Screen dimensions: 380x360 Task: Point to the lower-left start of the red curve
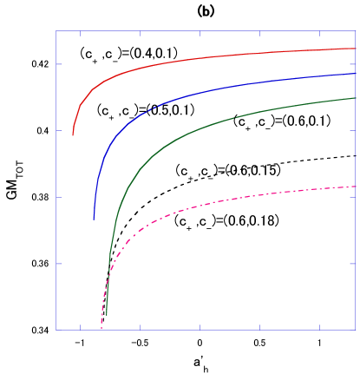[x=73, y=135]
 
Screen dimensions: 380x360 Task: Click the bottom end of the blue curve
[x=94, y=219]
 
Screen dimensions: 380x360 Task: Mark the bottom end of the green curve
[x=106, y=314]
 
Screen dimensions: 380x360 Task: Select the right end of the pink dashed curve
[x=356, y=187]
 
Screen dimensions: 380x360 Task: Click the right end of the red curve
[x=356, y=49]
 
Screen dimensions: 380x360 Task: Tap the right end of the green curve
[x=356, y=98]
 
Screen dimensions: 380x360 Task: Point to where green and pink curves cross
[x=108, y=276]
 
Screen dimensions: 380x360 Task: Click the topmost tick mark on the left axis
[x=59, y=64]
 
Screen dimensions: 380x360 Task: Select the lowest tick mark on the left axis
[x=59, y=264]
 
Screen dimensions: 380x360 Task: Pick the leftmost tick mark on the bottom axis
[x=81, y=327]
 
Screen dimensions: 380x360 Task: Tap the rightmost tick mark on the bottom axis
[x=320, y=327]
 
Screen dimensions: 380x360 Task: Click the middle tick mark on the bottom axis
[x=200, y=327]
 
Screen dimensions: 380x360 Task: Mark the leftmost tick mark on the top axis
[x=81, y=34]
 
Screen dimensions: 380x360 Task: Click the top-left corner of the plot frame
[x=56, y=31]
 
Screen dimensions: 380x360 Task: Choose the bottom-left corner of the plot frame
[x=56, y=330]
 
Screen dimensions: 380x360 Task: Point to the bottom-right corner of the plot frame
[x=356, y=330]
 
